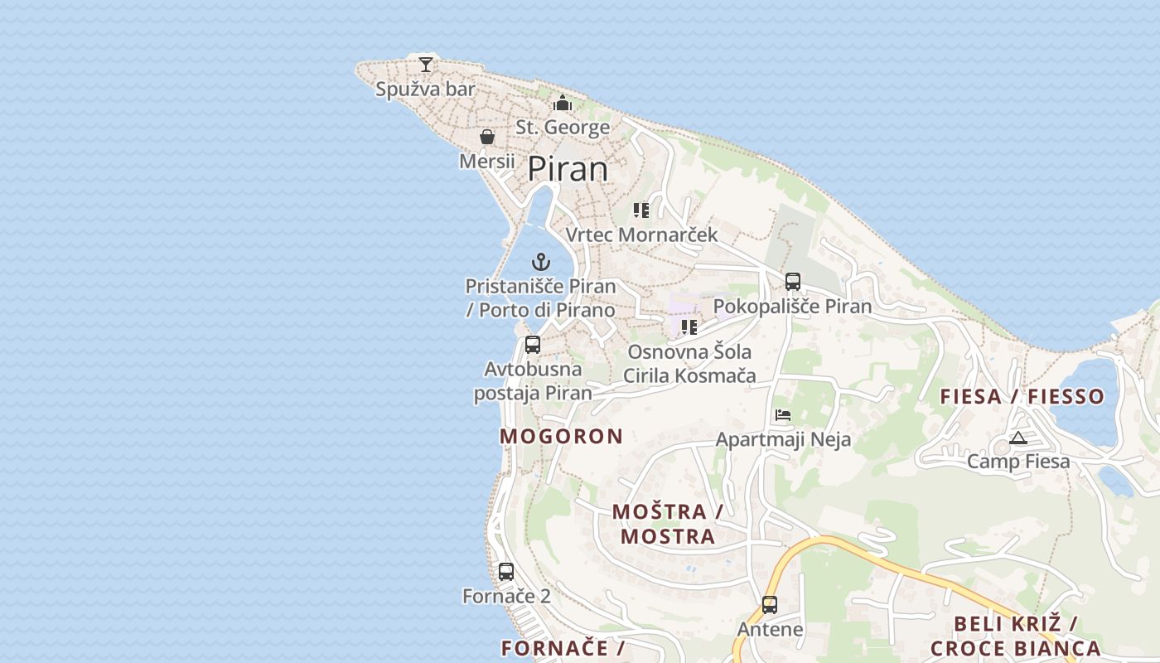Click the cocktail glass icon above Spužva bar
426,64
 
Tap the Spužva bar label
425,90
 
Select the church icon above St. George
563,104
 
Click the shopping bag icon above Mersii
487,137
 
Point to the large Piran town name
568,169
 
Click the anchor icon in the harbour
541,263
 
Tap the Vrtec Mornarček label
641,235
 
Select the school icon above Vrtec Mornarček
641,211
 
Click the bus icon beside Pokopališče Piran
793,282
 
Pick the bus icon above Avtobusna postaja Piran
533,345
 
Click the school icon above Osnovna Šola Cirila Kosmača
689,327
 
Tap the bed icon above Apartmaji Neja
783,415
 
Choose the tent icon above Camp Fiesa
1018,438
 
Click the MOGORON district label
561,437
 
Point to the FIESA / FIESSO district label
1022,396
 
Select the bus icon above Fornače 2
506,572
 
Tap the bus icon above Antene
770,605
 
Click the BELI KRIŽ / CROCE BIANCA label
1016,636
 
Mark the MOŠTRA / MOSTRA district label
668,524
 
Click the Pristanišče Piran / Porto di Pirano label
540,298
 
